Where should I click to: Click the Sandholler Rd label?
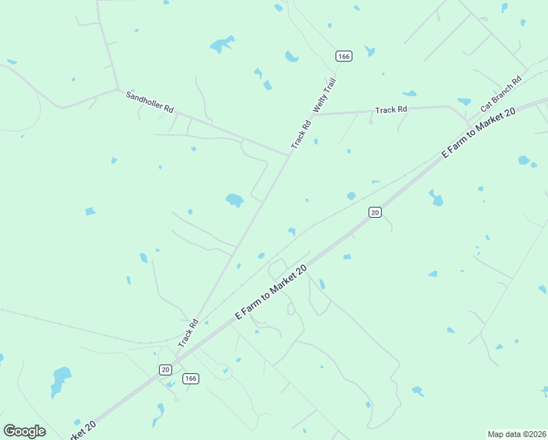pos(149,102)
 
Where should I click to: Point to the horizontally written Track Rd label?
pos(390,110)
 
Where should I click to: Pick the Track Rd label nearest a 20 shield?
pos(188,334)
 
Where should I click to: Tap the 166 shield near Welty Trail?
pos(343,56)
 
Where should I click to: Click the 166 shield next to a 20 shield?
pos(190,378)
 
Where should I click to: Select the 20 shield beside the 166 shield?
pos(166,370)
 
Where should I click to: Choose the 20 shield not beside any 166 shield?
pos(375,212)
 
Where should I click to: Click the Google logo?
pos(24,431)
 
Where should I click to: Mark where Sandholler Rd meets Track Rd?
pos(288,155)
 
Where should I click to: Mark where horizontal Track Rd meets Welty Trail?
pos(314,114)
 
